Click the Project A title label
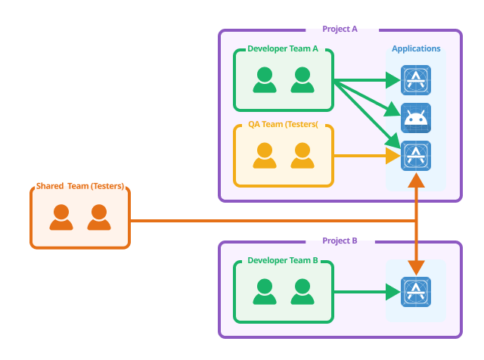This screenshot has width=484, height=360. click(x=340, y=29)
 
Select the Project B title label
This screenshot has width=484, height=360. click(x=340, y=241)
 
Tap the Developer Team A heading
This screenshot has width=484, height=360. click(x=282, y=50)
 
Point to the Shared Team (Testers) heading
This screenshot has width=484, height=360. click(x=80, y=187)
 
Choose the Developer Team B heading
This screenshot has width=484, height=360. click(x=282, y=262)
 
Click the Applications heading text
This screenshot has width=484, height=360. click(x=416, y=49)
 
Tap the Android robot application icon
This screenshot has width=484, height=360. click(x=415, y=117)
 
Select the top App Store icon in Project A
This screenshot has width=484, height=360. click(x=415, y=79)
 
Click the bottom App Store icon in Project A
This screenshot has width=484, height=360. click(x=415, y=156)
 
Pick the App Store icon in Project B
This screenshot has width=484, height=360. click(x=415, y=291)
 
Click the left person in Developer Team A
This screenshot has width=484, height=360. click(x=264, y=80)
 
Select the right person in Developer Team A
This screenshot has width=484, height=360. click(x=302, y=80)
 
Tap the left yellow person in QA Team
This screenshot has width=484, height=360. click(x=264, y=156)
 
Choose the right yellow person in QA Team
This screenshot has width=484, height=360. click(x=302, y=156)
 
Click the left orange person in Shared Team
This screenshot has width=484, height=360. click(x=61, y=218)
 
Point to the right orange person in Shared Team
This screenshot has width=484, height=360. click(x=99, y=218)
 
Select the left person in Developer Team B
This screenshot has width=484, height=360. click(x=264, y=292)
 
